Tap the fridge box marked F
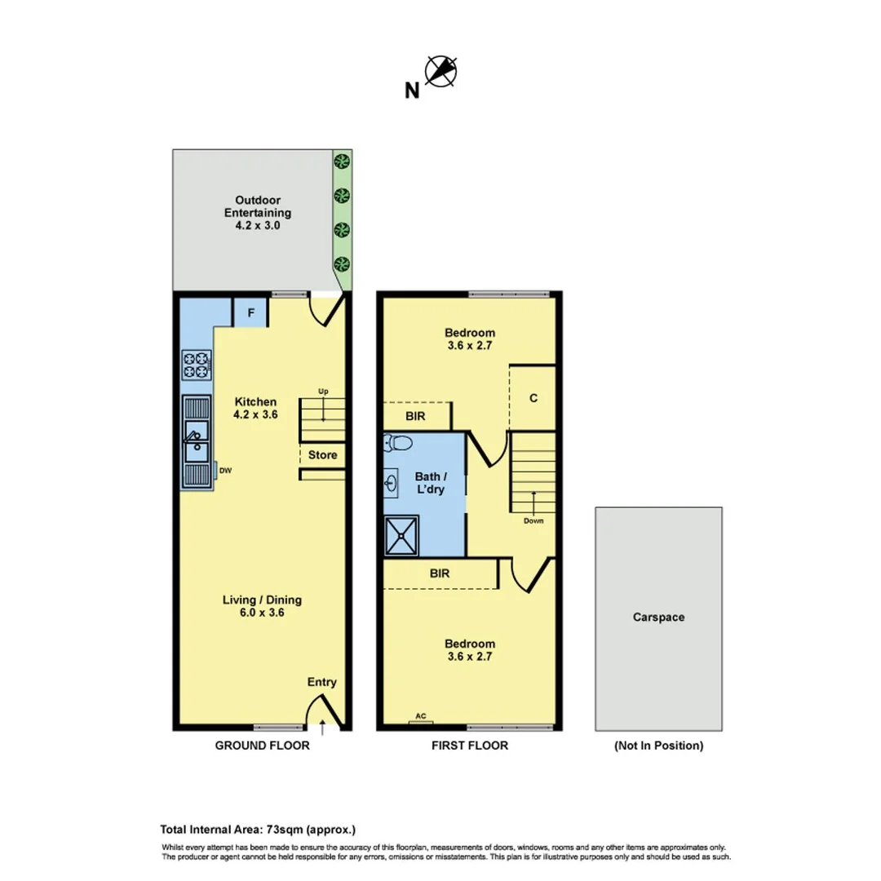point(250,312)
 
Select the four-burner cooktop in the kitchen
point(197,364)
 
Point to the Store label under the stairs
point(323,454)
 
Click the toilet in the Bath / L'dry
point(399,445)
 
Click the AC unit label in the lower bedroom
point(421,716)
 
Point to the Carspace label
point(658,618)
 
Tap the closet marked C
point(533,398)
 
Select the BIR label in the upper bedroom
point(415,416)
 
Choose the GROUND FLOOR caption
point(262,745)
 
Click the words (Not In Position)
point(657,745)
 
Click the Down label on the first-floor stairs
point(533,520)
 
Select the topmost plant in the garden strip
point(343,161)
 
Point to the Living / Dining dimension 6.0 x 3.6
point(262,613)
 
